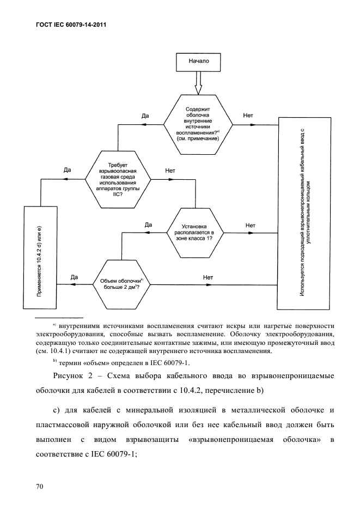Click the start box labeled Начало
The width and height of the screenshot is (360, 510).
click(x=199, y=62)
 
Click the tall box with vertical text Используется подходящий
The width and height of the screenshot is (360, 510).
click(x=306, y=213)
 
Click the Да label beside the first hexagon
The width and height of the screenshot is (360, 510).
click(x=145, y=116)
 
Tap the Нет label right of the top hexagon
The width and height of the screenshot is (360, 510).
click(x=247, y=116)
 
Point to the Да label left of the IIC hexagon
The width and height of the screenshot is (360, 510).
click(x=67, y=170)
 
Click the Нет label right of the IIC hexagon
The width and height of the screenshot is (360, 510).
click(x=170, y=170)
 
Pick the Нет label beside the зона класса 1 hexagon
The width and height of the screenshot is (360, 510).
click(x=251, y=224)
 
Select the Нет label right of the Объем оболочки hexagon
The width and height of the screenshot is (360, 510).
click(x=208, y=277)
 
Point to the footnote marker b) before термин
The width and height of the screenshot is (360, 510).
click(x=54, y=361)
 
